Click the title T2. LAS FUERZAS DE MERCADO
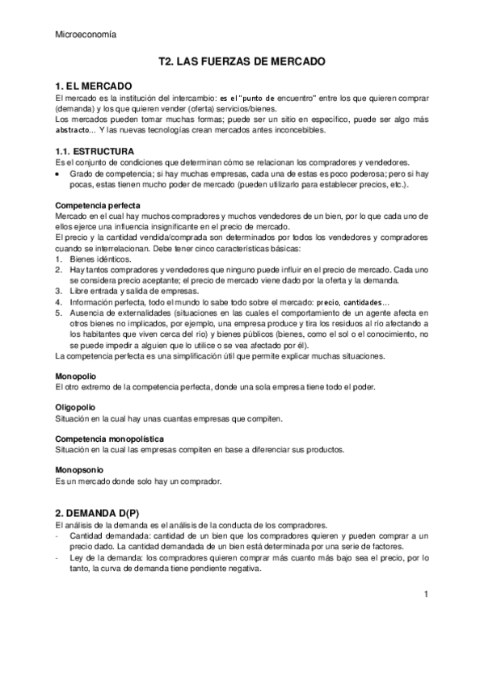242,61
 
